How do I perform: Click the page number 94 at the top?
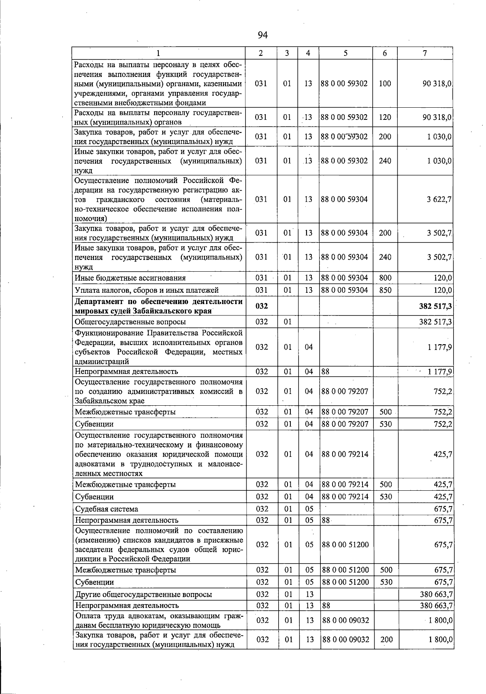point(262,35)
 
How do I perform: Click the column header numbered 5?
point(345,53)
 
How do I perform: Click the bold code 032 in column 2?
point(262,307)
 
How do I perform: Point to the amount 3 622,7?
point(439,199)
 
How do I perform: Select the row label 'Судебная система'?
point(107,509)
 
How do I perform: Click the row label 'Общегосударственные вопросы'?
point(130,322)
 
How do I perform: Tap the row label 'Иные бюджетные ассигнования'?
point(130,278)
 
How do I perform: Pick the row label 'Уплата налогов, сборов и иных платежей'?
point(147,290)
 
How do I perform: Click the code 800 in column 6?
point(385,278)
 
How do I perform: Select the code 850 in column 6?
point(385,290)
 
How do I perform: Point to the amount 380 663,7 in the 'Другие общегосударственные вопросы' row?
point(437,594)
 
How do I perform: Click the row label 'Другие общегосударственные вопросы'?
point(143,594)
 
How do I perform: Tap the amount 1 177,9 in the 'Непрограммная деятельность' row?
point(440,371)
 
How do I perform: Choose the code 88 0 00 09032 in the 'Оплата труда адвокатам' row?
point(345,620)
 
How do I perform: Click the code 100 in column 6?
point(385,83)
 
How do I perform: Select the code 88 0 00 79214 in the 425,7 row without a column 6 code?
point(345,454)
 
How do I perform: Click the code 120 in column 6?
point(385,117)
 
